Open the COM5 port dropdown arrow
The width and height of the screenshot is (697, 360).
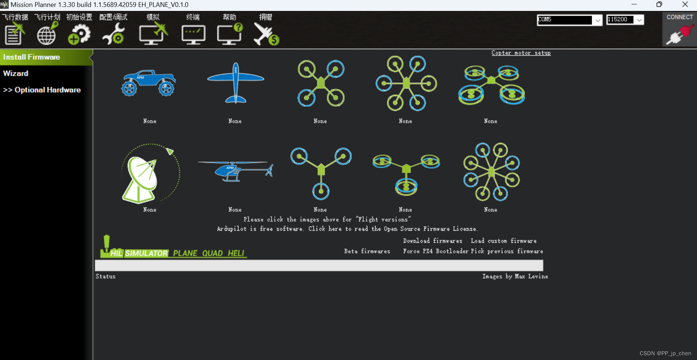598,20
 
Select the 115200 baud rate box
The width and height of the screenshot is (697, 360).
620,20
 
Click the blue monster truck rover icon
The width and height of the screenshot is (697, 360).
149,83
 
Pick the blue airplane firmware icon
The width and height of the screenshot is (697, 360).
235,83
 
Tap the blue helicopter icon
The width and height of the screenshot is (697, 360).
235,171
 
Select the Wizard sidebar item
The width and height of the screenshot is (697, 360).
16,73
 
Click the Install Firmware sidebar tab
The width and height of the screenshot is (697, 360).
32,57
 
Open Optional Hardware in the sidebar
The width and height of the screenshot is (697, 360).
42,90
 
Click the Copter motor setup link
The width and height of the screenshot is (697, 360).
521,53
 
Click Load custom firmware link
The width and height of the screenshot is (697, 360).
503,241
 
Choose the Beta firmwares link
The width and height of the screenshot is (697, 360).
367,251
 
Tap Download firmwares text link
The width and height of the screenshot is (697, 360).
432,241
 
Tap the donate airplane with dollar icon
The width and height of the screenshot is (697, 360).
266,34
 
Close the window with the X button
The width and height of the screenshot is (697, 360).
685,4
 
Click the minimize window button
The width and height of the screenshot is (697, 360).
634,4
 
